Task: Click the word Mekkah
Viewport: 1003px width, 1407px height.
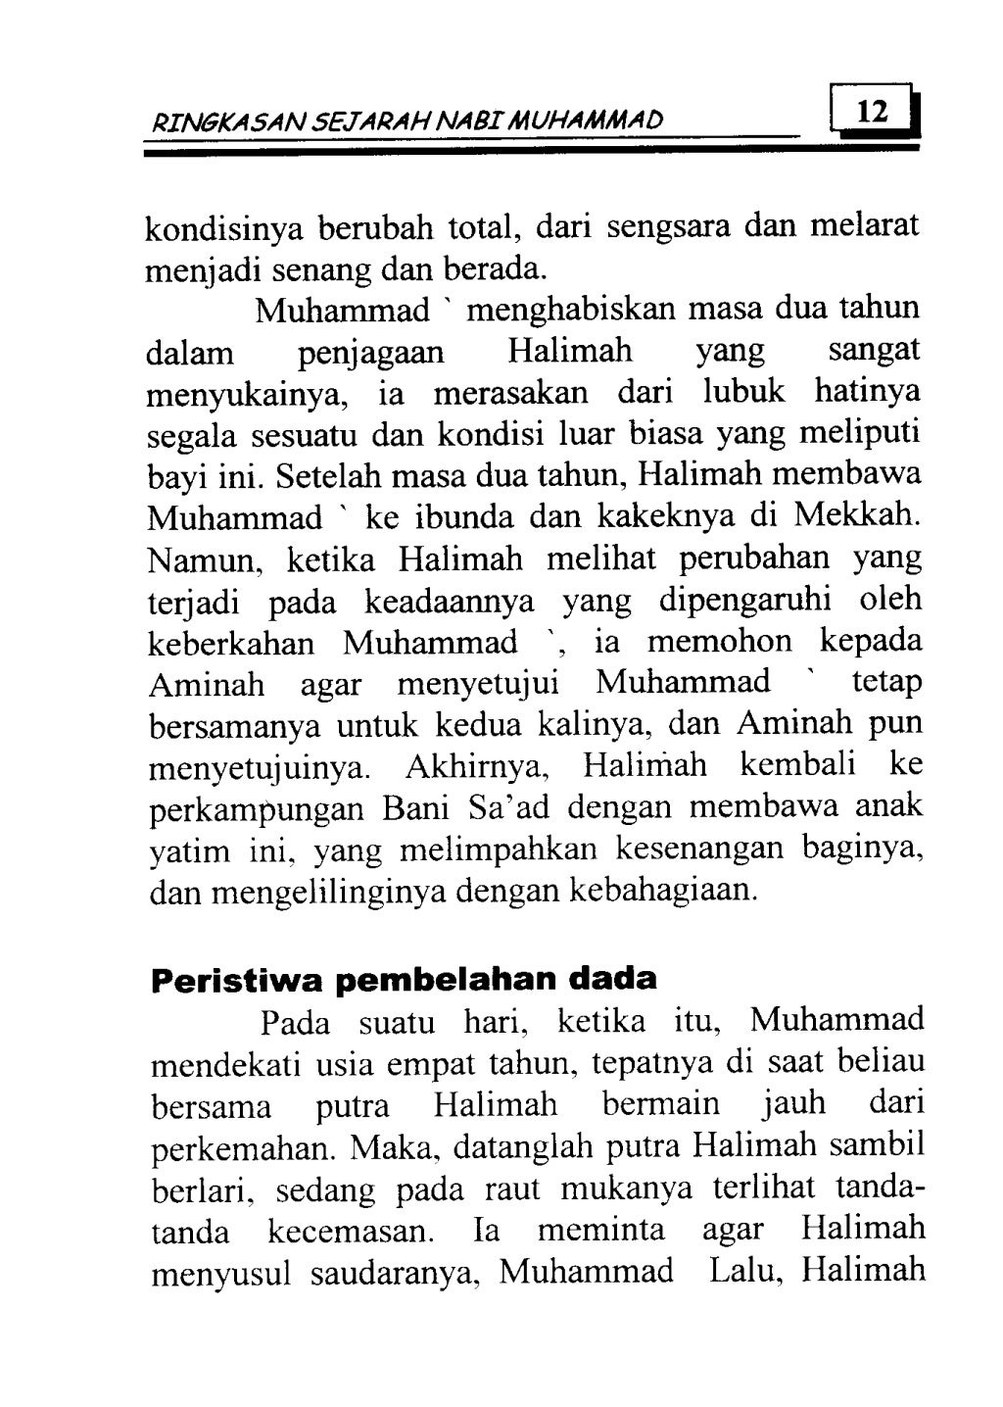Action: (x=859, y=515)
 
